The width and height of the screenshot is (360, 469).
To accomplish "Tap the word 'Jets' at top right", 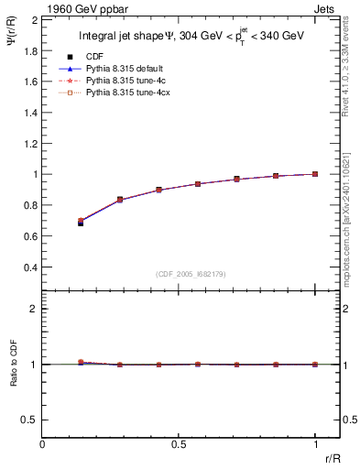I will coord(324,7).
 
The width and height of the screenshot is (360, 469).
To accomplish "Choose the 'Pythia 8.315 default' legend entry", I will coord(120,69).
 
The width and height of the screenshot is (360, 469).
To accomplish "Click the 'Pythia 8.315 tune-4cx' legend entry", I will coord(121,93).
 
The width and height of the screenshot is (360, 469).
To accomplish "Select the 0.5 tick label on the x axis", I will coord(179,444).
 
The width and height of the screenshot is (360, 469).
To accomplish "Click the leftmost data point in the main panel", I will coord(81,222).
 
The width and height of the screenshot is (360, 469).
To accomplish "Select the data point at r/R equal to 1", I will coord(315,174).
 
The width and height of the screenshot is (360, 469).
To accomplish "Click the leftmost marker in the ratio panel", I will coord(81,363).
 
